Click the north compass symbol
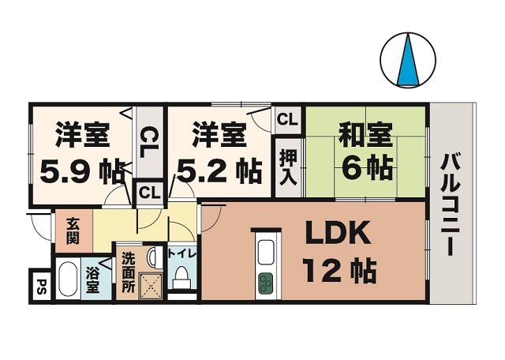[409, 59]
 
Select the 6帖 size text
[365, 167]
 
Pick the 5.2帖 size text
[215, 168]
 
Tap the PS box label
[42, 286]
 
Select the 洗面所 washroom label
[127, 272]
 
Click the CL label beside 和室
[287, 120]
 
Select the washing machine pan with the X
[148, 285]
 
